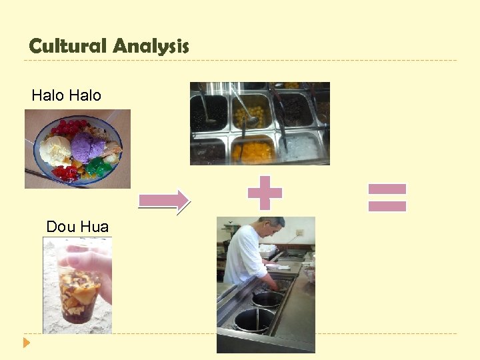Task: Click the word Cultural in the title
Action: click(x=68, y=46)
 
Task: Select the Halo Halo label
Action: click(x=66, y=95)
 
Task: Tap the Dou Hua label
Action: click(x=77, y=227)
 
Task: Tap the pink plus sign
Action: click(x=265, y=193)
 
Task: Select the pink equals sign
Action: click(x=387, y=197)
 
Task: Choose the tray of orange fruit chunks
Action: click(x=253, y=151)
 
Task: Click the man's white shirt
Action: click(x=243, y=257)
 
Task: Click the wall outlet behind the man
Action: click(x=299, y=233)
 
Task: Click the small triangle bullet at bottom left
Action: click(x=27, y=343)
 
